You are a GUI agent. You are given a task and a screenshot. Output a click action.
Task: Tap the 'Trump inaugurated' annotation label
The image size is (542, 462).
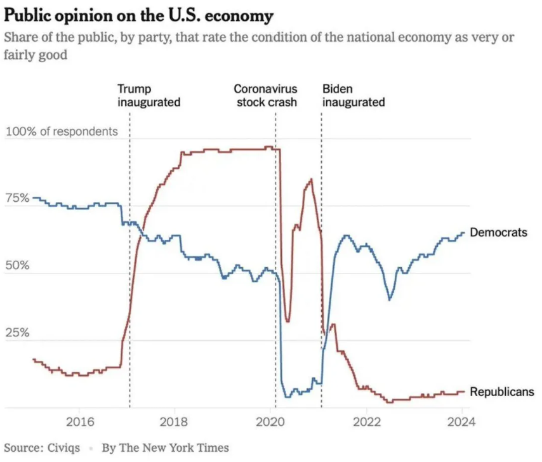coord(149,95)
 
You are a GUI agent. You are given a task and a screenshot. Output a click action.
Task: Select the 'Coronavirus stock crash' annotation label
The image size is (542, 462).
coord(267,95)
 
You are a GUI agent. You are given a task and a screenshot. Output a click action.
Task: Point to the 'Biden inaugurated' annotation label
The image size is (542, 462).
coord(354,95)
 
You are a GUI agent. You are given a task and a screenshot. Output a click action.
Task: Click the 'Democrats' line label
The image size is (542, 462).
coord(498,232)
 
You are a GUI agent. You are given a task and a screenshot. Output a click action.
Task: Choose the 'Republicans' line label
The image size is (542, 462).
coord(501,392)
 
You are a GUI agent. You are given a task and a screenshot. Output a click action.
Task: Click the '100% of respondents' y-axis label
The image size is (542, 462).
coord(62,132)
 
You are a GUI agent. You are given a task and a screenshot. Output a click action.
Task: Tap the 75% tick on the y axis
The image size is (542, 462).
coord(18,197)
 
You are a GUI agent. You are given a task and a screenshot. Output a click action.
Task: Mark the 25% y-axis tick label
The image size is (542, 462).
coord(18,332)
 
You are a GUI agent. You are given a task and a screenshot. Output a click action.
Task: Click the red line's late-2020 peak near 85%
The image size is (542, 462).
coord(310,180)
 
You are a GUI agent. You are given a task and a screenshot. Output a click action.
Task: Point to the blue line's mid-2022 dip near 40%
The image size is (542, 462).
coord(389,300)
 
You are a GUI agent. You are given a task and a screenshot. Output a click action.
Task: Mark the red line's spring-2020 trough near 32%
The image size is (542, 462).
coord(288,321)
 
